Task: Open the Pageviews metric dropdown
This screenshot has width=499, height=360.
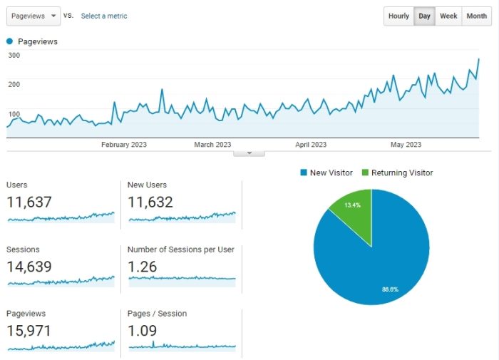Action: tap(34, 16)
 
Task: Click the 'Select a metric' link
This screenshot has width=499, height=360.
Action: tap(104, 16)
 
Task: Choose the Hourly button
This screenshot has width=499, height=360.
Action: tap(398, 16)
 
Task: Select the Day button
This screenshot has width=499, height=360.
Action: tap(424, 16)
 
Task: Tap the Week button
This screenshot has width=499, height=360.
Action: tap(448, 16)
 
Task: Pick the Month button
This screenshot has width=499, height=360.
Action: tap(476, 16)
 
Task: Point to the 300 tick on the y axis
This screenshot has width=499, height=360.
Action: tap(14, 56)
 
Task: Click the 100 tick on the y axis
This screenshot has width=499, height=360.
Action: tap(14, 114)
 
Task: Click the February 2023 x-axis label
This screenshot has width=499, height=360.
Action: tap(124, 145)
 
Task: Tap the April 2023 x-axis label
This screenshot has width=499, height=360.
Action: tap(311, 145)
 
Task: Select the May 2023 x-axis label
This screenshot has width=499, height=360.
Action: tap(406, 145)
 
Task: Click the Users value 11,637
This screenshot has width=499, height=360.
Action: tap(29, 202)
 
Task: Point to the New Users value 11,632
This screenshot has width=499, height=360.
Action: tap(150, 202)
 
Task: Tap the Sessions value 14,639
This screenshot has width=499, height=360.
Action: tap(29, 267)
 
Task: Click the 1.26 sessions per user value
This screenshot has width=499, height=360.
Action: tap(143, 267)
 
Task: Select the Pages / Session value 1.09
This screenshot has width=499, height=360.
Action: tap(143, 331)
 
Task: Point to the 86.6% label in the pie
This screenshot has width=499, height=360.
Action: tap(390, 289)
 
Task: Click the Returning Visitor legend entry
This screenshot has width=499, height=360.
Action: tap(398, 173)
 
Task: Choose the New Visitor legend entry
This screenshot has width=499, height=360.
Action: tap(326, 173)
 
